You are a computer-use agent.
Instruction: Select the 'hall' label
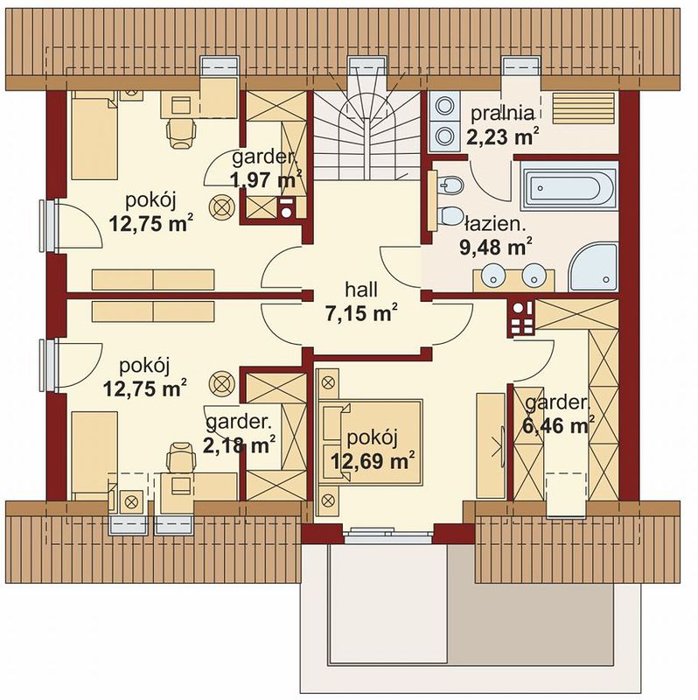[361, 290]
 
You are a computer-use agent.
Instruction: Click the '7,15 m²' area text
[361, 313]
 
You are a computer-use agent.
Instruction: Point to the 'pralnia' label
[503, 114]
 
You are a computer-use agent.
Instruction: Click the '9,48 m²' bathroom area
[495, 247]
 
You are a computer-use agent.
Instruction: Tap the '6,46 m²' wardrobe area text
[558, 425]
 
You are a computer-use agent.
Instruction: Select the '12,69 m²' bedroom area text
[371, 460]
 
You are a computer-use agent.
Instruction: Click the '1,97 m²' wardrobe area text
[267, 180]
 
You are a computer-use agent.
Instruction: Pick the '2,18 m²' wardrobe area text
[239, 444]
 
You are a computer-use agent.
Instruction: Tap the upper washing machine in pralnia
[445, 106]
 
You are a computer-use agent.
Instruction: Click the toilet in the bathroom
[450, 215]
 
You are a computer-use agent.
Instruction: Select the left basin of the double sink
[493, 274]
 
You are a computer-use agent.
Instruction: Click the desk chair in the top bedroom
[181, 133]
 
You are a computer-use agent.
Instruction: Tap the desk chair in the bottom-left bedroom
[181, 456]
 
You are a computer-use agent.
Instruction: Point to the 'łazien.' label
[495, 224]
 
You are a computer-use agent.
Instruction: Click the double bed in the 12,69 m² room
[370, 443]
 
